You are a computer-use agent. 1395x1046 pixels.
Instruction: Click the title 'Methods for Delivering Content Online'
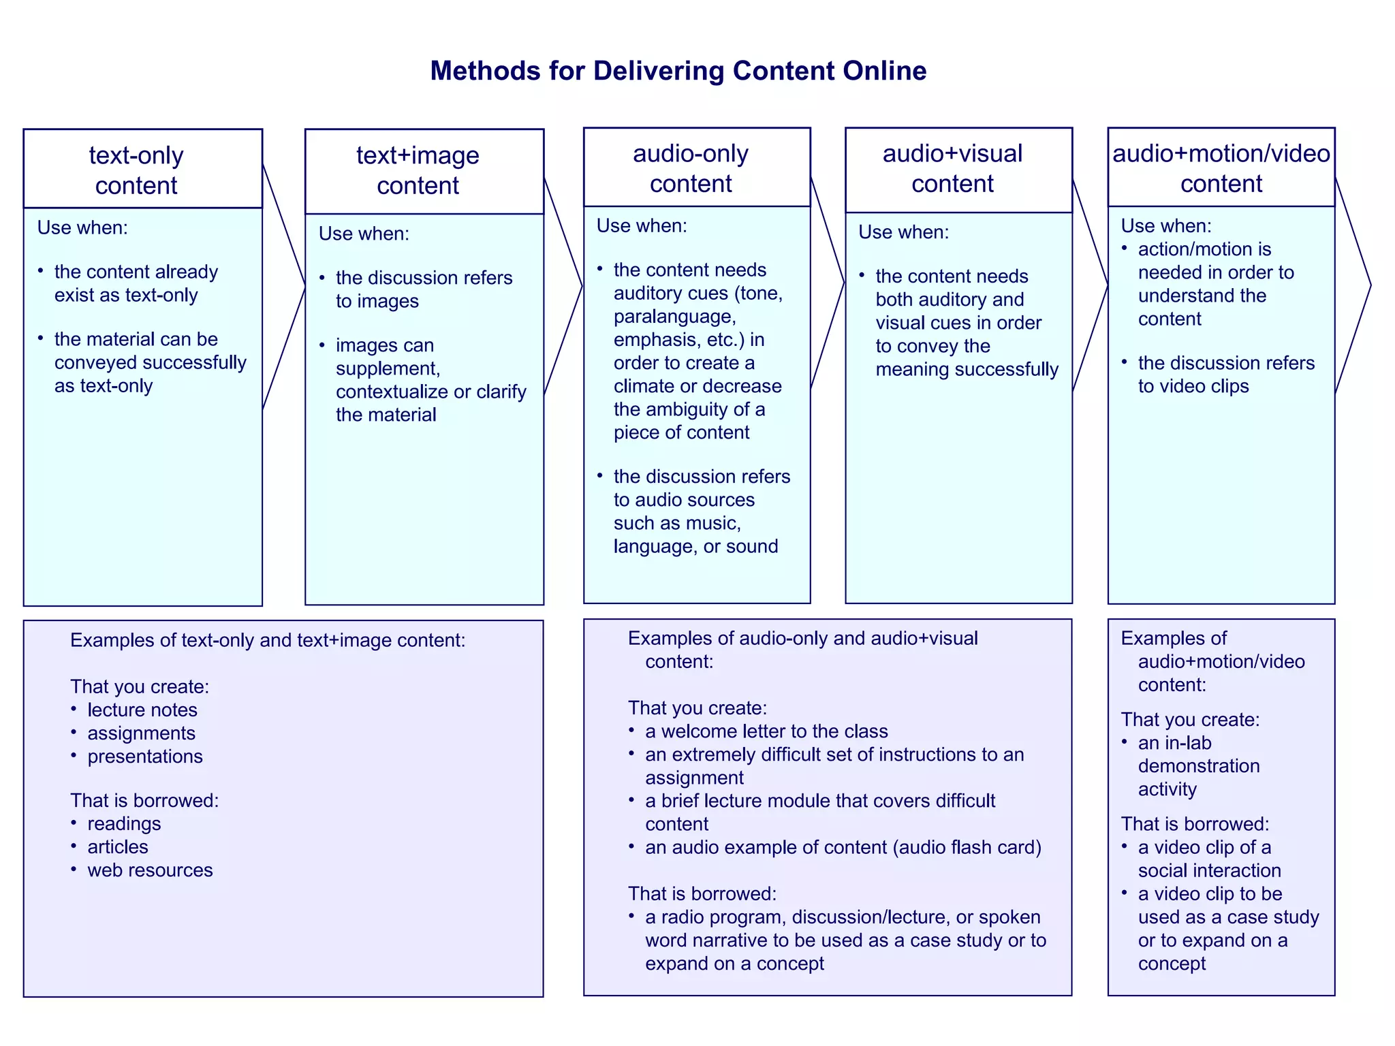pos(678,71)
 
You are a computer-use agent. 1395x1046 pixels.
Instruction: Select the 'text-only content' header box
pos(142,169)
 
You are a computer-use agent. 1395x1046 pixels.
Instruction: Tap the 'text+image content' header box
pos(424,171)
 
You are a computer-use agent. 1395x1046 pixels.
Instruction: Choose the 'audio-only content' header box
pos(696,168)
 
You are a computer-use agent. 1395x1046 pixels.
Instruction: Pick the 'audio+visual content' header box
pos(958,170)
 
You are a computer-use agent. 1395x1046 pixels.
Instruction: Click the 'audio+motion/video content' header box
pos(1221,168)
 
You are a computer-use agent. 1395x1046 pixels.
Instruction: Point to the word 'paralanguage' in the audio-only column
pos(674,317)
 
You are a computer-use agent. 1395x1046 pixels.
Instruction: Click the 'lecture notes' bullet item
pos(142,710)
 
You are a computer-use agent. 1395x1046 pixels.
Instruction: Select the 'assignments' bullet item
pos(141,733)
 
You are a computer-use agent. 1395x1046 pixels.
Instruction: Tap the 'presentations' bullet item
pos(144,756)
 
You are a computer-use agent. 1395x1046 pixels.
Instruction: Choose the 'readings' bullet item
pos(124,823)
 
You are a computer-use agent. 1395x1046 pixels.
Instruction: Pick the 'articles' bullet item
pos(117,846)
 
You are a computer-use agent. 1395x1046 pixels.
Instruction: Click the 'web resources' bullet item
pos(150,870)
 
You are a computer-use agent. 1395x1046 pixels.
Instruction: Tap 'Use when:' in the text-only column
pos(82,227)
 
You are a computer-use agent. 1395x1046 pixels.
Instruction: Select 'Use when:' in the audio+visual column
pos(903,232)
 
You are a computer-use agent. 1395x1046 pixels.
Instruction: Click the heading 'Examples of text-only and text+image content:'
pos(268,640)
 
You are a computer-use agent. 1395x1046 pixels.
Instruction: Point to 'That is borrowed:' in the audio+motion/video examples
pos(1195,824)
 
